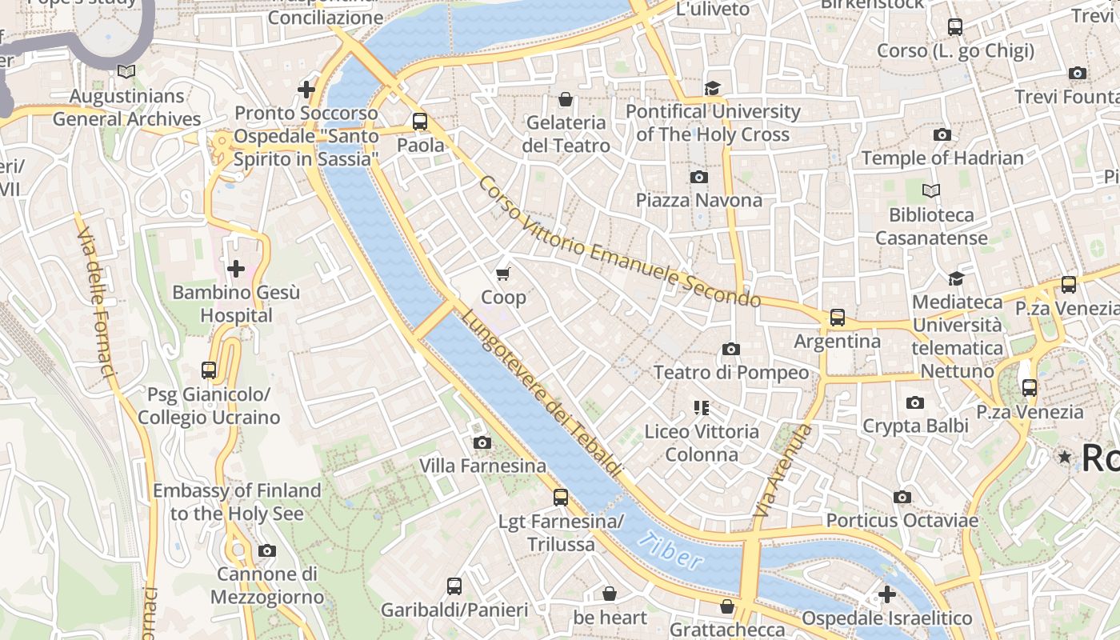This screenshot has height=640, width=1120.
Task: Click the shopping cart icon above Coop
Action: [503, 274]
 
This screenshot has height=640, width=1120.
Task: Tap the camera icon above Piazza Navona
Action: [699, 177]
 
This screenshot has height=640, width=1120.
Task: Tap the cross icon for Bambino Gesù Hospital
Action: [236, 269]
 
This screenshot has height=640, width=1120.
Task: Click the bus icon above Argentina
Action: [838, 318]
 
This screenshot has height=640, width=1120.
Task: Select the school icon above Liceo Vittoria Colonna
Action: [702, 408]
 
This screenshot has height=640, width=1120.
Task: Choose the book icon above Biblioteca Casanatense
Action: [931, 191]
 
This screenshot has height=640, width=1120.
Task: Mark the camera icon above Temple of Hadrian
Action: [942, 134]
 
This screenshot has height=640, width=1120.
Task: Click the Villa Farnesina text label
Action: [482, 466]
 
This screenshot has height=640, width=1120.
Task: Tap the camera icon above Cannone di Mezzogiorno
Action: [267, 550]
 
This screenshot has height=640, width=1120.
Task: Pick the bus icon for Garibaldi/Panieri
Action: [454, 586]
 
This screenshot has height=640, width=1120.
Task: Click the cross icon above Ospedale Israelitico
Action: [886, 594]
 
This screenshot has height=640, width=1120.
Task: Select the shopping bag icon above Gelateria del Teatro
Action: [566, 99]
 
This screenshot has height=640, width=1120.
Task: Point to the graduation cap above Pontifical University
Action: [712, 88]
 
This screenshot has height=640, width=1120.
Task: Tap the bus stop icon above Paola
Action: [420, 122]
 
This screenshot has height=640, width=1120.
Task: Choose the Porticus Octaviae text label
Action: [902, 521]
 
